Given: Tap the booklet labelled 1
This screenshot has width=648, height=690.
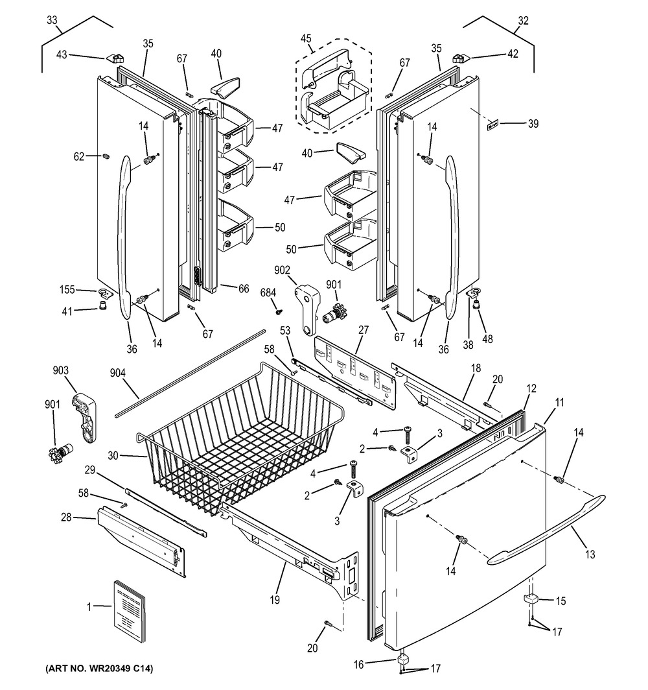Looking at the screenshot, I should (x=133, y=608).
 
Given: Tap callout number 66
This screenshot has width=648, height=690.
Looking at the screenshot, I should (x=243, y=289).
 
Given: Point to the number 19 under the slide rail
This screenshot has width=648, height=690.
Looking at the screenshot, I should (x=275, y=601).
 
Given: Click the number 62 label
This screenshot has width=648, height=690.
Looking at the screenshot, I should (x=78, y=156).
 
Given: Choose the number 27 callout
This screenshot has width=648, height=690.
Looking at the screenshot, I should (x=363, y=330).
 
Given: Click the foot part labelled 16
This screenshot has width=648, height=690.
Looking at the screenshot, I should (x=406, y=660).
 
